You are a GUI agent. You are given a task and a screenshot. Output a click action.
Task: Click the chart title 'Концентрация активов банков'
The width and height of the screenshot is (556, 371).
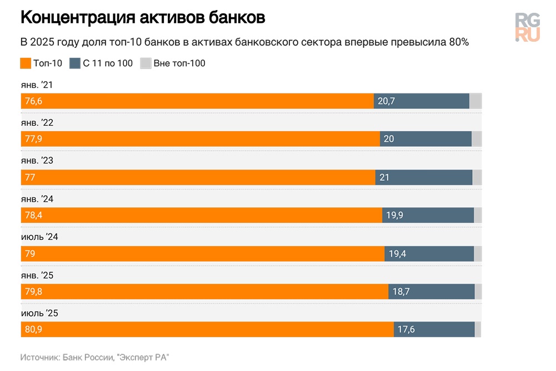click(x=143, y=18)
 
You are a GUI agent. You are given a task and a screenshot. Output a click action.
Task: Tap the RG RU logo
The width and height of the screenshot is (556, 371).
click(x=527, y=27)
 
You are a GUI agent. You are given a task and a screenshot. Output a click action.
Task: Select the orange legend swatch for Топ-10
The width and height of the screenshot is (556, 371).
click(x=26, y=63)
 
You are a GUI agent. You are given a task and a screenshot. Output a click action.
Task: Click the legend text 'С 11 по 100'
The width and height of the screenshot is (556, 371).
click(x=108, y=63)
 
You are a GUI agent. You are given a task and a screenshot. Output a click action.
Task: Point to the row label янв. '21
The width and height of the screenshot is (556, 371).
click(x=37, y=85)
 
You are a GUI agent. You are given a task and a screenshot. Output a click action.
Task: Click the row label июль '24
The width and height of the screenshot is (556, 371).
click(x=39, y=237)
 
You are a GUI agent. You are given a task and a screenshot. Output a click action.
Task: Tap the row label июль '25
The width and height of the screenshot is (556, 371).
click(x=39, y=313)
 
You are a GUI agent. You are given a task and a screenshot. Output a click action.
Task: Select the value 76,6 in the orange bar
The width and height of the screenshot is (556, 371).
click(x=33, y=101)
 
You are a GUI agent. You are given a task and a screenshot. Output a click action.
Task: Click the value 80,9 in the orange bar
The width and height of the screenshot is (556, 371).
click(x=33, y=330)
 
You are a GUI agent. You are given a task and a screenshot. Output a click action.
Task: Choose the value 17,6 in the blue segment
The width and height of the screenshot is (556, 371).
click(x=406, y=330)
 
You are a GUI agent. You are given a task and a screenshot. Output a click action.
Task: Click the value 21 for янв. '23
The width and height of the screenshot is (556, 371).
click(x=385, y=177)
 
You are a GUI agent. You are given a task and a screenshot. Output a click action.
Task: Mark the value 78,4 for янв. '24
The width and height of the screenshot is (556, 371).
click(x=33, y=215)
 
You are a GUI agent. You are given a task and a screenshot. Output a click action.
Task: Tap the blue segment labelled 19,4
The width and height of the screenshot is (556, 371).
click(x=429, y=254)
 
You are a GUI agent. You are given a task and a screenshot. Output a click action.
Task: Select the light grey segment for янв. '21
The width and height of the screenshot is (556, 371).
click(x=475, y=101)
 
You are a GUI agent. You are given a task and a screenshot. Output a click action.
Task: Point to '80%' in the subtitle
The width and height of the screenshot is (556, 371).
click(x=458, y=42)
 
